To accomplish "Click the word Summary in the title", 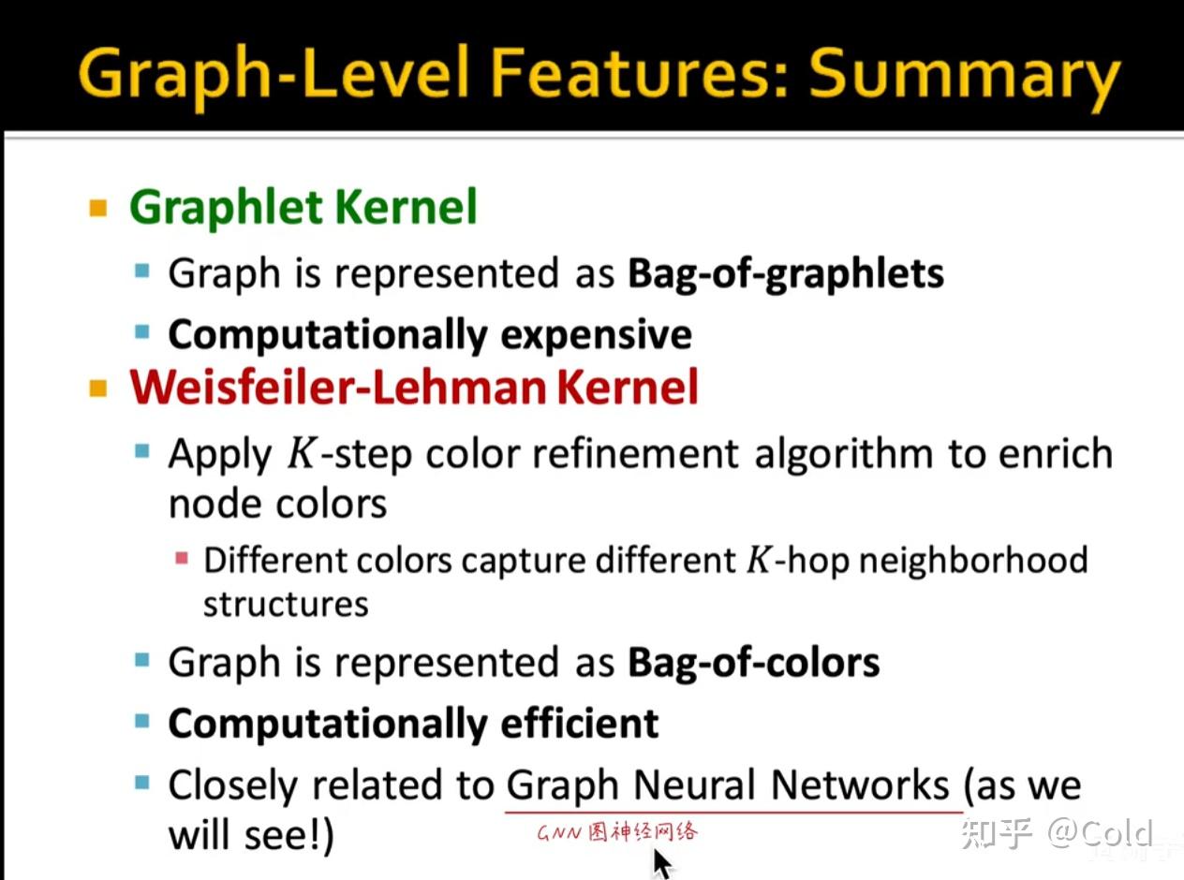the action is [964, 76].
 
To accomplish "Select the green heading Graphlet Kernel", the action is [303, 208].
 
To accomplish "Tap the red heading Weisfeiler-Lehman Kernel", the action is [414, 387].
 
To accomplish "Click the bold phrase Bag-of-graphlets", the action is [786, 274].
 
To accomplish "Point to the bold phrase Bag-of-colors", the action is [754, 662].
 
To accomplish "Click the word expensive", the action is [597, 335].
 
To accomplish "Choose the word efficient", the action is [580, 724].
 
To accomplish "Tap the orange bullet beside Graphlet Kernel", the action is [98, 208].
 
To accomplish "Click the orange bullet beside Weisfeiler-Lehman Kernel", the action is [98, 389].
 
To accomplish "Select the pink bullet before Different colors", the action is [182, 558].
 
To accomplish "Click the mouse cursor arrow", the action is [662, 863].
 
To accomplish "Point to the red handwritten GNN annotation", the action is [617, 832].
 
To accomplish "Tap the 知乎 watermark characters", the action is [996, 833].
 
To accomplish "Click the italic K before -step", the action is [302, 454].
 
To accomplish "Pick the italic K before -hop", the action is [759, 560].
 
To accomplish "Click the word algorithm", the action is [843, 455].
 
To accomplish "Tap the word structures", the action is [286, 605].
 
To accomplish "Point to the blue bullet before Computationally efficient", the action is [142, 722].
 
